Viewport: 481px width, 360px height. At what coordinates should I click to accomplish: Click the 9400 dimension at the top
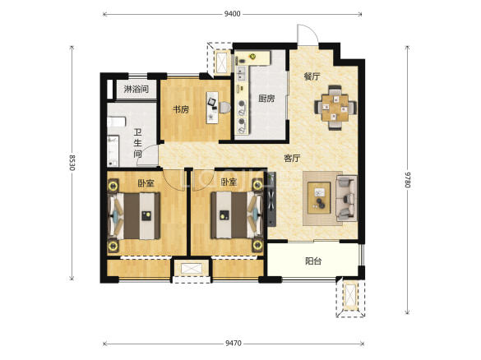pyautogui.click(x=232, y=14)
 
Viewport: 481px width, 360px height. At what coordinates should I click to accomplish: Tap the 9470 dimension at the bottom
pyautogui.click(x=234, y=344)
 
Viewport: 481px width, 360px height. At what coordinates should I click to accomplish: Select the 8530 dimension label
pyautogui.click(x=72, y=163)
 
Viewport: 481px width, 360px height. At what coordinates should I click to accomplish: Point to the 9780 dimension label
pyautogui.click(x=407, y=179)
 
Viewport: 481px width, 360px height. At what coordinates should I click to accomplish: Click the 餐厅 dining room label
pyautogui.click(x=312, y=76)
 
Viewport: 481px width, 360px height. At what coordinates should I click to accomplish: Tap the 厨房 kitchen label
pyautogui.click(x=266, y=99)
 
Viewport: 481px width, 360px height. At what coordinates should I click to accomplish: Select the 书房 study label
pyautogui.click(x=181, y=109)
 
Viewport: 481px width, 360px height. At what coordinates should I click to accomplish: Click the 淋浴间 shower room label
pyautogui.click(x=136, y=90)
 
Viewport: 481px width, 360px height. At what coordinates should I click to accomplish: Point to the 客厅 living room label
pyautogui.click(x=292, y=159)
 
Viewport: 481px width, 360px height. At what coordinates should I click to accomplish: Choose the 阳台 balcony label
pyautogui.click(x=313, y=261)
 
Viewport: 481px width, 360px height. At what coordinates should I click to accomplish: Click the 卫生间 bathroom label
pyautogui.click(x=138, y=143)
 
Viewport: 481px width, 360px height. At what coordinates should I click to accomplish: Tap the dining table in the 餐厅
pyautogui.click(x=335, y=108)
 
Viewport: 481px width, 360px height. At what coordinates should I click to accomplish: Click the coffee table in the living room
pyautogui.click(x=319, y=198)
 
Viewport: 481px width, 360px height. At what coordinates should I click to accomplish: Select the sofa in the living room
pyautogui.click(x=347, y=198)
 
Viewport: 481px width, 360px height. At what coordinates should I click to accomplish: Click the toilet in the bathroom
pyautogui.click(x=116, y=122)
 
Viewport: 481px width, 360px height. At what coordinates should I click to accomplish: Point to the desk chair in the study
pyautogui.click(x=224, y=108)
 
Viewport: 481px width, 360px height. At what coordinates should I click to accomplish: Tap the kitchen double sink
pyautogui.click(x=242, y=73)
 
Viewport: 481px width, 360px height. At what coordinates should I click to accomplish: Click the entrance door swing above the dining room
pyautogui.click(x=308, y=34)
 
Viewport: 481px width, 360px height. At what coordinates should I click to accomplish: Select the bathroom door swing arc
pyautogui.click(x=147, y=156)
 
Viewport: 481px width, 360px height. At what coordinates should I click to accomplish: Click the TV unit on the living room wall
pyautogui.click(x=271, y=200)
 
